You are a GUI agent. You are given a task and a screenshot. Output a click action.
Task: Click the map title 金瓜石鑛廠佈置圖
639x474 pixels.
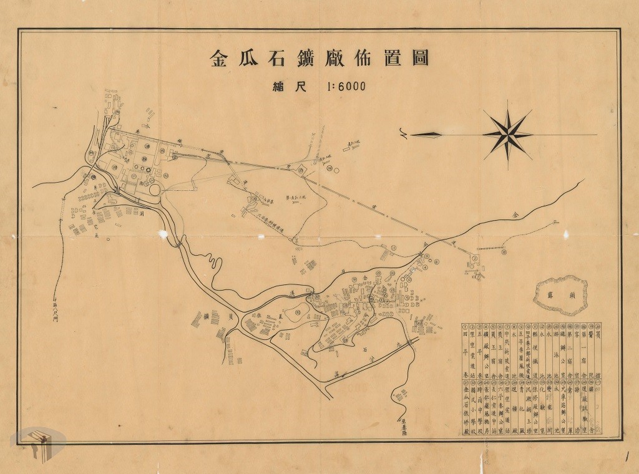pyautogui.click(x=319, y=60)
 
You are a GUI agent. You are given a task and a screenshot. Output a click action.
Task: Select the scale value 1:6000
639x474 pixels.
pyautogui.click(x=339, y=88)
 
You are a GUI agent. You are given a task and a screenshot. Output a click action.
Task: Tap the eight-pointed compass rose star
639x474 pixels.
pyautogui.click(x=507, y=132)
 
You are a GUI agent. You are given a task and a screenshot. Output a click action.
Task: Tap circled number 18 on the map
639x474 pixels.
pyautogui.click(x=504, y=253)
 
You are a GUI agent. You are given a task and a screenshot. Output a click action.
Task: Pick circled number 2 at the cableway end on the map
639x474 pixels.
pyautogui.click(x=474, y=258)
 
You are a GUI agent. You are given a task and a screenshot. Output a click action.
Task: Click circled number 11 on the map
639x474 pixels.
pyautogui.click(x=394, y=248)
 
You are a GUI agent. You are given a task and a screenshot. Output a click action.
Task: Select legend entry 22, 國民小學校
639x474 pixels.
pyautogui.click(x=473, y=409)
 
